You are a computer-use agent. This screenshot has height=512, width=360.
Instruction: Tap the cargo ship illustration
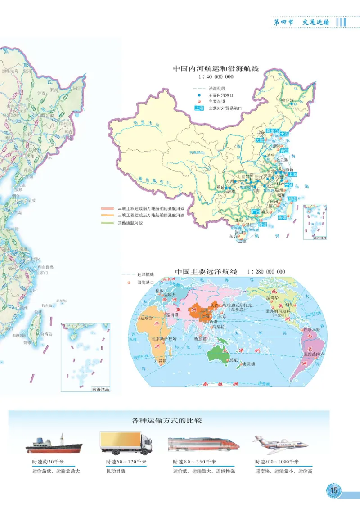(x=54, y=445)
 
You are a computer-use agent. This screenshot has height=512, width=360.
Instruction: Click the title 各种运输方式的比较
(x=167, y=421)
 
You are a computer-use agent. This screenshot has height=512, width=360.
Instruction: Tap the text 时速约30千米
(x=48, y=462)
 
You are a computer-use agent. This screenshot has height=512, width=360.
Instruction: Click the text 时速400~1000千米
(x=277, y=462)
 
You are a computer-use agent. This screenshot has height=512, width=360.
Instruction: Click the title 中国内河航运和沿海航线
(x=218, y=69)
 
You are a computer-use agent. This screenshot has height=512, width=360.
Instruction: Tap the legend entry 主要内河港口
(x=218, y=95)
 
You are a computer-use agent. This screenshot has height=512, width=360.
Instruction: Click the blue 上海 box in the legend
(x=199, y=108)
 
